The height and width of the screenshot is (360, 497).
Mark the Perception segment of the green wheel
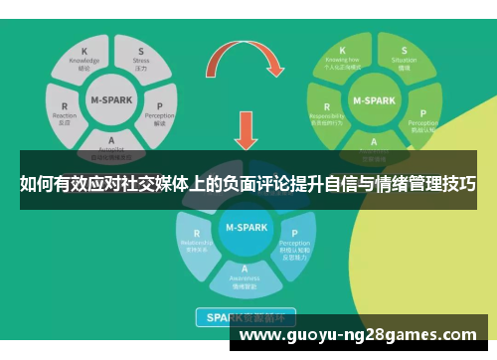point(421,117)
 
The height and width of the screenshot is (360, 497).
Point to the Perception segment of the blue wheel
point(294,242)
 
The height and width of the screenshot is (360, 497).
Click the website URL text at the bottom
point(359,334)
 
